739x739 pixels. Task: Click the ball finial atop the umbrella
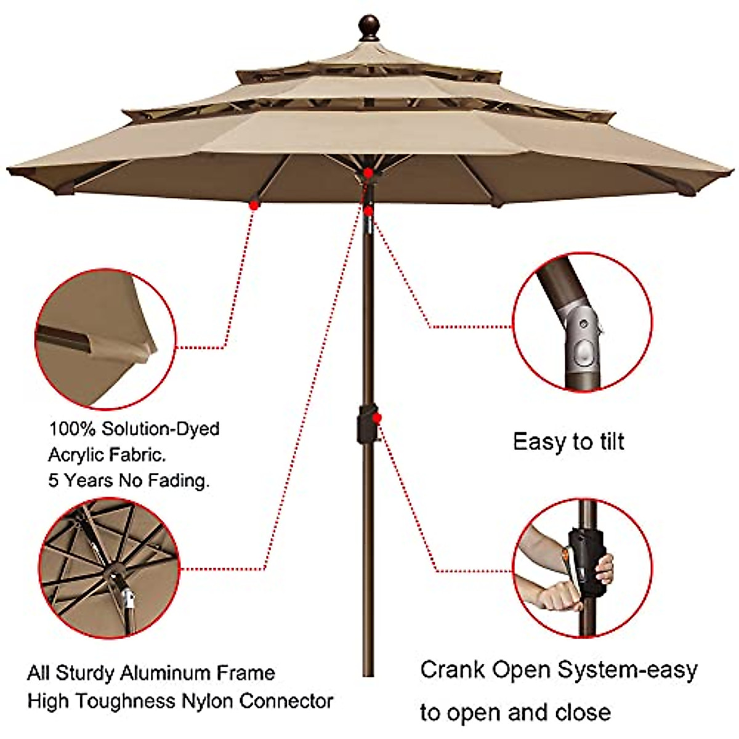tap(368, 27)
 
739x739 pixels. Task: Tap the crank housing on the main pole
tap(366, 424)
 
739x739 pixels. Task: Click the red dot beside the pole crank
tap(377, 418)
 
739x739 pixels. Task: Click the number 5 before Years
tap(54, 480)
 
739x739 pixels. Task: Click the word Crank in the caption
tap(453, 669)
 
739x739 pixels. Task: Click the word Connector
tap(286, 701)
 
